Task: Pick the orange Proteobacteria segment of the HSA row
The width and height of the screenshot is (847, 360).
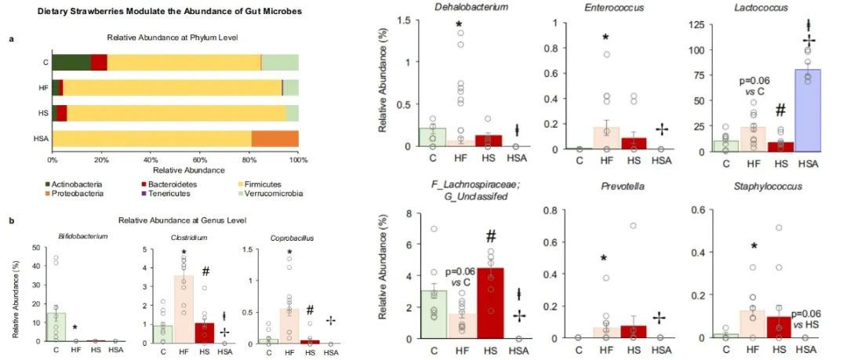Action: coord(274,139)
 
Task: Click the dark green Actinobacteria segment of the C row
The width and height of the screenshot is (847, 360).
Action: coord(71,63)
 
